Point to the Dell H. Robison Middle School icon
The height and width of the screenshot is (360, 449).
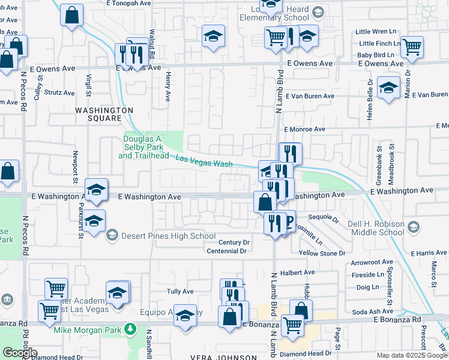tap(413, 228)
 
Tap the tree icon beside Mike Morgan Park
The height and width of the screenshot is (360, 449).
tap(129, 329)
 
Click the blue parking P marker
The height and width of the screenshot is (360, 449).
tap(288, 221)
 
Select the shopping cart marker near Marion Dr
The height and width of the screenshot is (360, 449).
tap(412, 47)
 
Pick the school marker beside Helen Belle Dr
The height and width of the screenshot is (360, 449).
tap(388, 89)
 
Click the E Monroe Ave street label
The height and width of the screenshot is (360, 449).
tap(304, 129)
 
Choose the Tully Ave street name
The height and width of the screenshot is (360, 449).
tap(180, 292)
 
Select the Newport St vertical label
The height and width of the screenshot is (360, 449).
tap(76, 167)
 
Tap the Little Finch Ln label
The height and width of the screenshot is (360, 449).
tap(379, 43)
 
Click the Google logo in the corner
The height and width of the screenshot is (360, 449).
tap(20, 352)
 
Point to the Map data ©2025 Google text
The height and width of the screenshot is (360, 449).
tap(412, 355)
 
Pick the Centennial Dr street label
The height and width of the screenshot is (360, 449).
tap(227, 251)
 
